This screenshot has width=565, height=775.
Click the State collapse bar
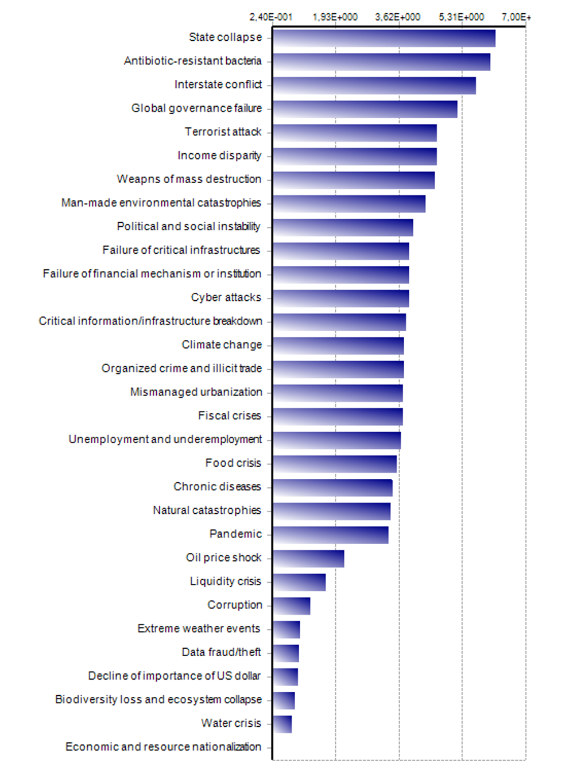[384, 38]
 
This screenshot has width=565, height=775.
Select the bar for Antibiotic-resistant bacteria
[381, 62]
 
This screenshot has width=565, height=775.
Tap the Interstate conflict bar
[374, 86]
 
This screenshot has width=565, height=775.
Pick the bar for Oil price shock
[308, 559]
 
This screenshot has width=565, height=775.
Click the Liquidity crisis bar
[299, 582]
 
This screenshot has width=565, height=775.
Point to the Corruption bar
[291, 606]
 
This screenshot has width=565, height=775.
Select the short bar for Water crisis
[282, 724]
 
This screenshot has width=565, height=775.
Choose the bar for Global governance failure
[365, 109]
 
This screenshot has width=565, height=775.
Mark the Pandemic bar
[330, 535]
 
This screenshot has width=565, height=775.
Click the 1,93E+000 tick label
[335, 17]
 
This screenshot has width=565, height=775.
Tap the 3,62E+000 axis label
[397, 17]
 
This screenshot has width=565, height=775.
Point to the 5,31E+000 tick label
[461, 17]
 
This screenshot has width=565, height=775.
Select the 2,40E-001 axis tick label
[270, 17]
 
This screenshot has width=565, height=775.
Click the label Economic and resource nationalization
[163, 747]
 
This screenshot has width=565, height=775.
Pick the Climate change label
[222, 344]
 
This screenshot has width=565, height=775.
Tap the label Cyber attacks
[226, 297]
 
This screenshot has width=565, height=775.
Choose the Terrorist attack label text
[223, 132]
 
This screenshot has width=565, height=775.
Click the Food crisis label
[233, 463]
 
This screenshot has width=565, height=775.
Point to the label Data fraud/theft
[221, 652]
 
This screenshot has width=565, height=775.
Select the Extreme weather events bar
[286, 630]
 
